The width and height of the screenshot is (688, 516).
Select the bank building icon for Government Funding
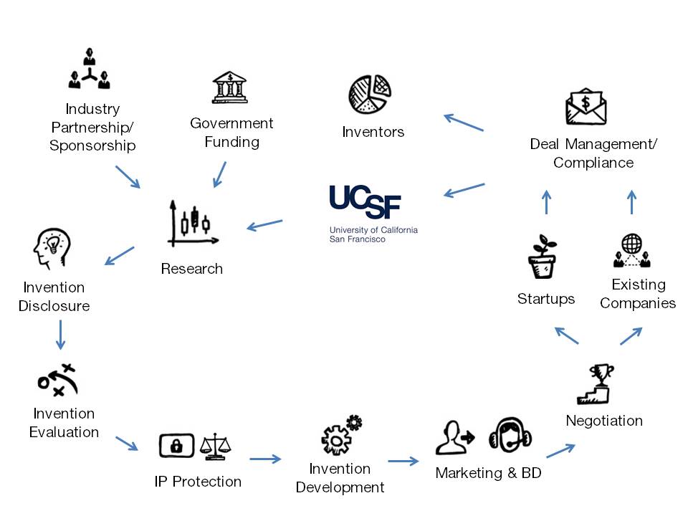(x=229, y=87)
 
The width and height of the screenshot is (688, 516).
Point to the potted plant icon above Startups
(x=543, y=257)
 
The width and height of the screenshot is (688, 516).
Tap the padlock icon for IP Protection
(x=176, y=445)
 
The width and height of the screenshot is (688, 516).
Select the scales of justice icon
(x=216, y=446)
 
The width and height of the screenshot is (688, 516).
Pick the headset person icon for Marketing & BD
(x=510, y=435)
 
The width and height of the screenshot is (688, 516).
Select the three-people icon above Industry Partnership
(x=90, y=69)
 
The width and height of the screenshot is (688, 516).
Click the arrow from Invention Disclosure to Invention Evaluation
(x=61, y=335)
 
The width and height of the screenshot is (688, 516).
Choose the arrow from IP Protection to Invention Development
(x=265, y=459)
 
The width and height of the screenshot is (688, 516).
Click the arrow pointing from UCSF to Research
(x=264, y=225)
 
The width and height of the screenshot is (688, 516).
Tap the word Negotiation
(x=604, y=421)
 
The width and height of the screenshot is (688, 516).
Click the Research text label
(x=191, y=269)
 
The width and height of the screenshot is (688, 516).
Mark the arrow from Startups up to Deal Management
(x=546, y=203)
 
